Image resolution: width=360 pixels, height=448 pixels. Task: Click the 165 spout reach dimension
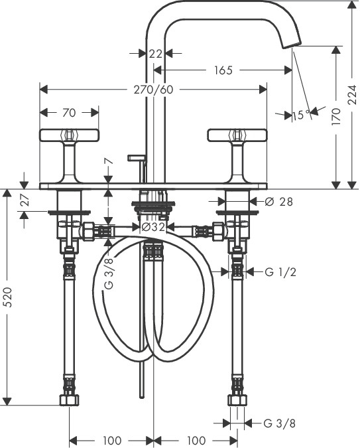pyautogui.click(x=223, y=70)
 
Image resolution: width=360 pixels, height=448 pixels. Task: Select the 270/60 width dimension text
pyautogui.click(x=154, y=90)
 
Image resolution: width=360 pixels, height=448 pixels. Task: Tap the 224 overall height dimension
pyautogui.click(x=353, y=94)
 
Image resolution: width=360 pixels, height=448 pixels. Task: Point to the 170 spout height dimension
pyautogui.click(x=337, y=116)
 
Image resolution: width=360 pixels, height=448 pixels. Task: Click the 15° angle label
pyautogui.click(x=301, y=115)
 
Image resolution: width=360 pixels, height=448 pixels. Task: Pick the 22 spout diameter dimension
pyautogui.click(x=156, y=54)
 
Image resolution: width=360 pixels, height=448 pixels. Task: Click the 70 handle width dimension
pyautogui.click(x=69, y=113)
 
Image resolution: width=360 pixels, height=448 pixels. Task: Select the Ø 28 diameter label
pyautogui.click(x=278, y=202)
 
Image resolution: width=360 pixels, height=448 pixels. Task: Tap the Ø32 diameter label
pyautogui.click(x=153, y=227)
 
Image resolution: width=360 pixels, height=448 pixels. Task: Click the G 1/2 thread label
pyautogui.click(x=280, y=272)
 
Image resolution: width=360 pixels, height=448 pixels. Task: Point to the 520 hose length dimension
pyautogui.click(x=9, y=297)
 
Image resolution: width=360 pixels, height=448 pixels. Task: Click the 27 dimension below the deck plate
pyautogui.click(x=25, y=200)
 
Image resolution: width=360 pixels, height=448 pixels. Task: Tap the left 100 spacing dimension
pyautogui.click(x=112, y=440)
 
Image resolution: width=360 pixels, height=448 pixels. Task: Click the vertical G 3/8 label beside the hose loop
pyautogui.click(x=109, y=273)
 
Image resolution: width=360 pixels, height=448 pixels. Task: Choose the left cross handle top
pyautogui.click(x=69, y=135)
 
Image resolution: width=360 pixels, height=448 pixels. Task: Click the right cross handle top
pyautogui.click(x=237, y=135)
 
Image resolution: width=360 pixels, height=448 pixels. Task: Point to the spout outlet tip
pyautogui.click(x=292, y=44)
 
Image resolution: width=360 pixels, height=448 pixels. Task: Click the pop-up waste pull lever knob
pyautogui.click(x=137, y=157)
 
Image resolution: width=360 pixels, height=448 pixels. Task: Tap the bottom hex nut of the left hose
pyautogui.click(x=70, y=400)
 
